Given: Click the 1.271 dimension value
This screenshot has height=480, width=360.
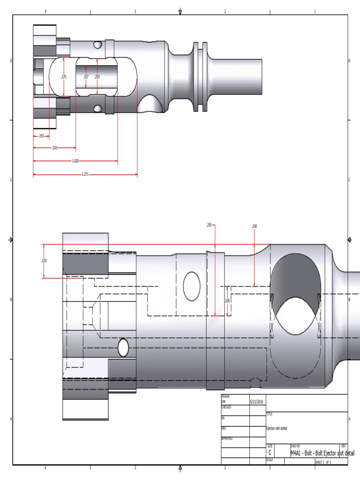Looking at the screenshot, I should coord(85,174).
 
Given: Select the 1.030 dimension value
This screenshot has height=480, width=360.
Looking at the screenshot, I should coord(75,161).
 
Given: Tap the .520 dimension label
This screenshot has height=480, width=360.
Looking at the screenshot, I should coord(54,148).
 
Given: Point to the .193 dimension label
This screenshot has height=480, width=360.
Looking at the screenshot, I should coord(41,136).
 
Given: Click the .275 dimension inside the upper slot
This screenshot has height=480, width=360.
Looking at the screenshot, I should coord(64,77).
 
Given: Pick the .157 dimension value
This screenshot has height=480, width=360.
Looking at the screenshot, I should coord(86,77).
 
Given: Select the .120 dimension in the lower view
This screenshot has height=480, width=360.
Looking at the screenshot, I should coord(44,261).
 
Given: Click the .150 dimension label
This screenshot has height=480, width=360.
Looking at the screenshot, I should coord(254,226).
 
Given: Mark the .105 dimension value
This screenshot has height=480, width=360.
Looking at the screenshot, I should coord(227,300).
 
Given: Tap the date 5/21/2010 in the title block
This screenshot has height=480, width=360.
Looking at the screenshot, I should coord(257,402).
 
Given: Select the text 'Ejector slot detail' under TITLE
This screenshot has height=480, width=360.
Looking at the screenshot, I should coord(277,428).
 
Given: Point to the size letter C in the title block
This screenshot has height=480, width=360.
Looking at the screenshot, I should coord(270,452).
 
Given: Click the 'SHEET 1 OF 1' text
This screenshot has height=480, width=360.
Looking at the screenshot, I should coord(323,462).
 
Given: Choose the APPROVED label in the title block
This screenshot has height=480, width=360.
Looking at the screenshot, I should coord(227,438).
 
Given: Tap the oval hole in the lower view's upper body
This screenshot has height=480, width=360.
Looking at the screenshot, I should coord(191,286).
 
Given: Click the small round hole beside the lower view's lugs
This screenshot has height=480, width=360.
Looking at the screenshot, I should coord(123,347).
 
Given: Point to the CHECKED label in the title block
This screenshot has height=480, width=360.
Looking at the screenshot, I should coord(226,407).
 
